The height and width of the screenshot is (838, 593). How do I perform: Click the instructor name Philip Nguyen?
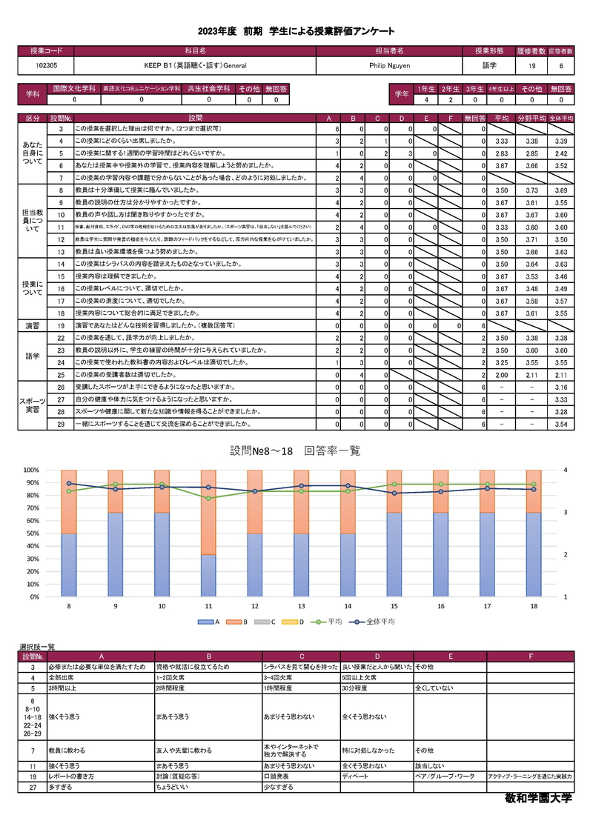tap(388, 65)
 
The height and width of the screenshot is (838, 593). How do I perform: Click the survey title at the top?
tap(296, 31)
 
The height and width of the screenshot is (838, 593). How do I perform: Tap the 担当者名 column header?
tap(388, 51)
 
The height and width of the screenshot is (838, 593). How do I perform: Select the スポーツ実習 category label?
tap(33, 405)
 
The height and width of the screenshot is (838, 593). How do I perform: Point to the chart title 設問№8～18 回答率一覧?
tap(296, 450)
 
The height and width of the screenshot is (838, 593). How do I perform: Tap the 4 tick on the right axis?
tap(566, 470)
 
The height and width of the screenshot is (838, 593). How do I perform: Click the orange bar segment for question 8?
tap(70, 501)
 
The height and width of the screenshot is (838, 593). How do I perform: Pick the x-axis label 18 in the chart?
tap(534, 606)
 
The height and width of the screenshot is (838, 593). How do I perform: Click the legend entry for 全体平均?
tap(376, 622)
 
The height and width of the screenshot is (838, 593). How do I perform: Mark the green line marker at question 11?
tap(209, 498)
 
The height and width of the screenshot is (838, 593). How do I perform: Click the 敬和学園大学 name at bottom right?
tap(535, 800)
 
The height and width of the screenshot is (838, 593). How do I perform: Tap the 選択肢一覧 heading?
tap(36, 648)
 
